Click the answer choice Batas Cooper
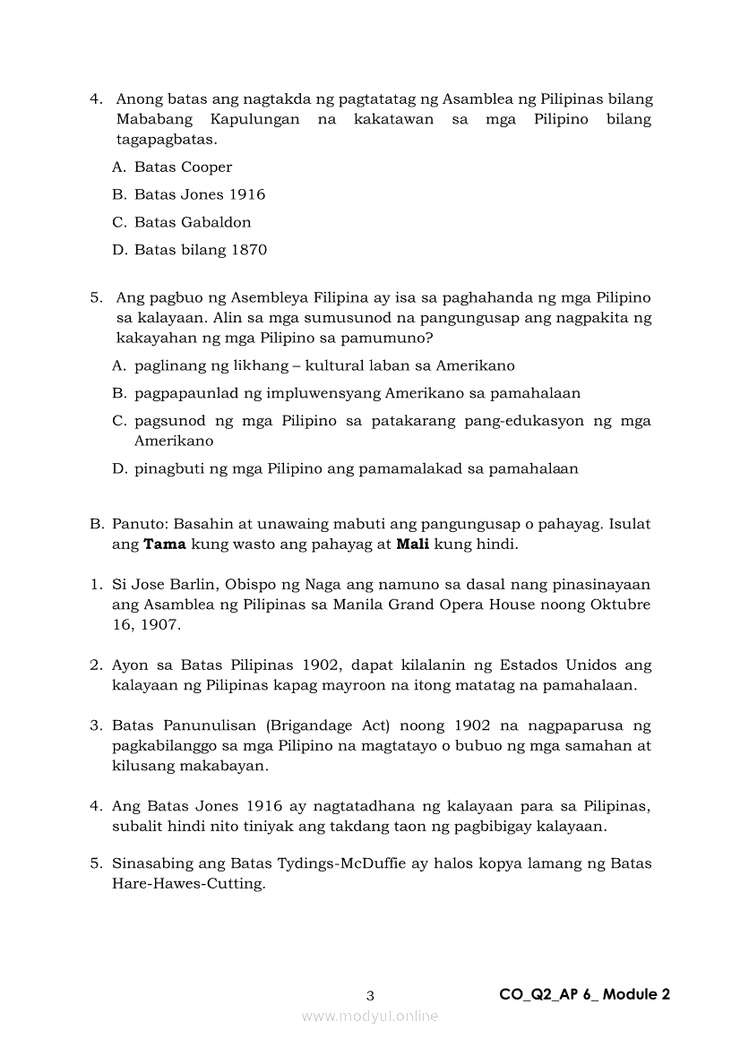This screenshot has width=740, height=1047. click(183, 167)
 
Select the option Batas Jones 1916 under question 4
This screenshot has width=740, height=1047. click(200, 194)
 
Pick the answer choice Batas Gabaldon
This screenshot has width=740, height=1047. click(193, 222)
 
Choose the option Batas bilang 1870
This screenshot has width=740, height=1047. click(201, 250)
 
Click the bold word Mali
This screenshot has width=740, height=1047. click(413, 544)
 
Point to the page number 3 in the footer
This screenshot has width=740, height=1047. click(370, 995)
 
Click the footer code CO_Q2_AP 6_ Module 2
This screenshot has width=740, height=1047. click(584, 994)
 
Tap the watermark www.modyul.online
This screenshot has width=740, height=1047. click(370, 1016)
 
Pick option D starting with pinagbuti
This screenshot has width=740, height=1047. click(356, 468)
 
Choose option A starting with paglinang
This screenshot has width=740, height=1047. click(324, 365)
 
